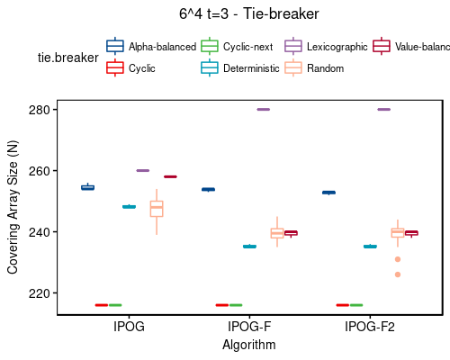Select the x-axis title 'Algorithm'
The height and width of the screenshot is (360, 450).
tap(249, 344)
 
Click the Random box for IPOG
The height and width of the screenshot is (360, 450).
tap(157, 209)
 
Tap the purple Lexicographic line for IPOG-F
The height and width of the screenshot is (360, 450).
tap(263, 110)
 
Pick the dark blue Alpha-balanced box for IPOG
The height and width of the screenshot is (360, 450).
tap(87, 187)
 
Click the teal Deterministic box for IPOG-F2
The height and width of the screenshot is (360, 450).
tap(370, 247)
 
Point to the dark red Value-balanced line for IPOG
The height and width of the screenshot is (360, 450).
tap(170, 176)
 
